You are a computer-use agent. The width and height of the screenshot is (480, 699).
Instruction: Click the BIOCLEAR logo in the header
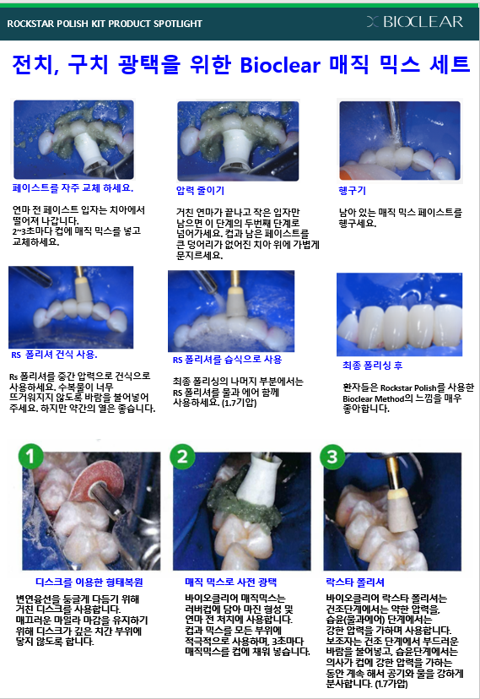click(x=421, y=21)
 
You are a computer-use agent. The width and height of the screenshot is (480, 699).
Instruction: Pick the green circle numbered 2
click(x=183, y=457)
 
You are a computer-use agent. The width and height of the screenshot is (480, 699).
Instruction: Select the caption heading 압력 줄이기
click(x=200, y=190)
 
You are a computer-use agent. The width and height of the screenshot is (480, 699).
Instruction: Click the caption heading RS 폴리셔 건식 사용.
click(x=52, y=354)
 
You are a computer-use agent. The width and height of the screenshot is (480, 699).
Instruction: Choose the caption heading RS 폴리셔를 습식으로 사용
click(x=227, y=359)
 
